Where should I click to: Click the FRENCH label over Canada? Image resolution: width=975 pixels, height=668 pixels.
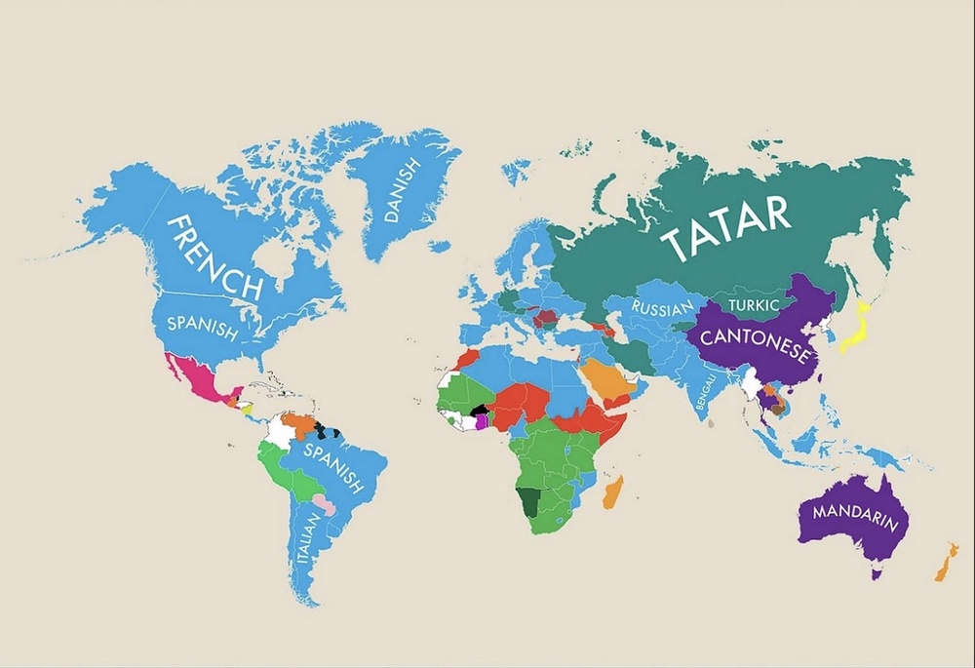216,255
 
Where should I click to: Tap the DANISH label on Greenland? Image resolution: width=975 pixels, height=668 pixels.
402,191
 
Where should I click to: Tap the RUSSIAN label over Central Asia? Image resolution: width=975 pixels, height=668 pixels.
662,308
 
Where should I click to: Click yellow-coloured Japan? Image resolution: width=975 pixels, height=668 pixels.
860,327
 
